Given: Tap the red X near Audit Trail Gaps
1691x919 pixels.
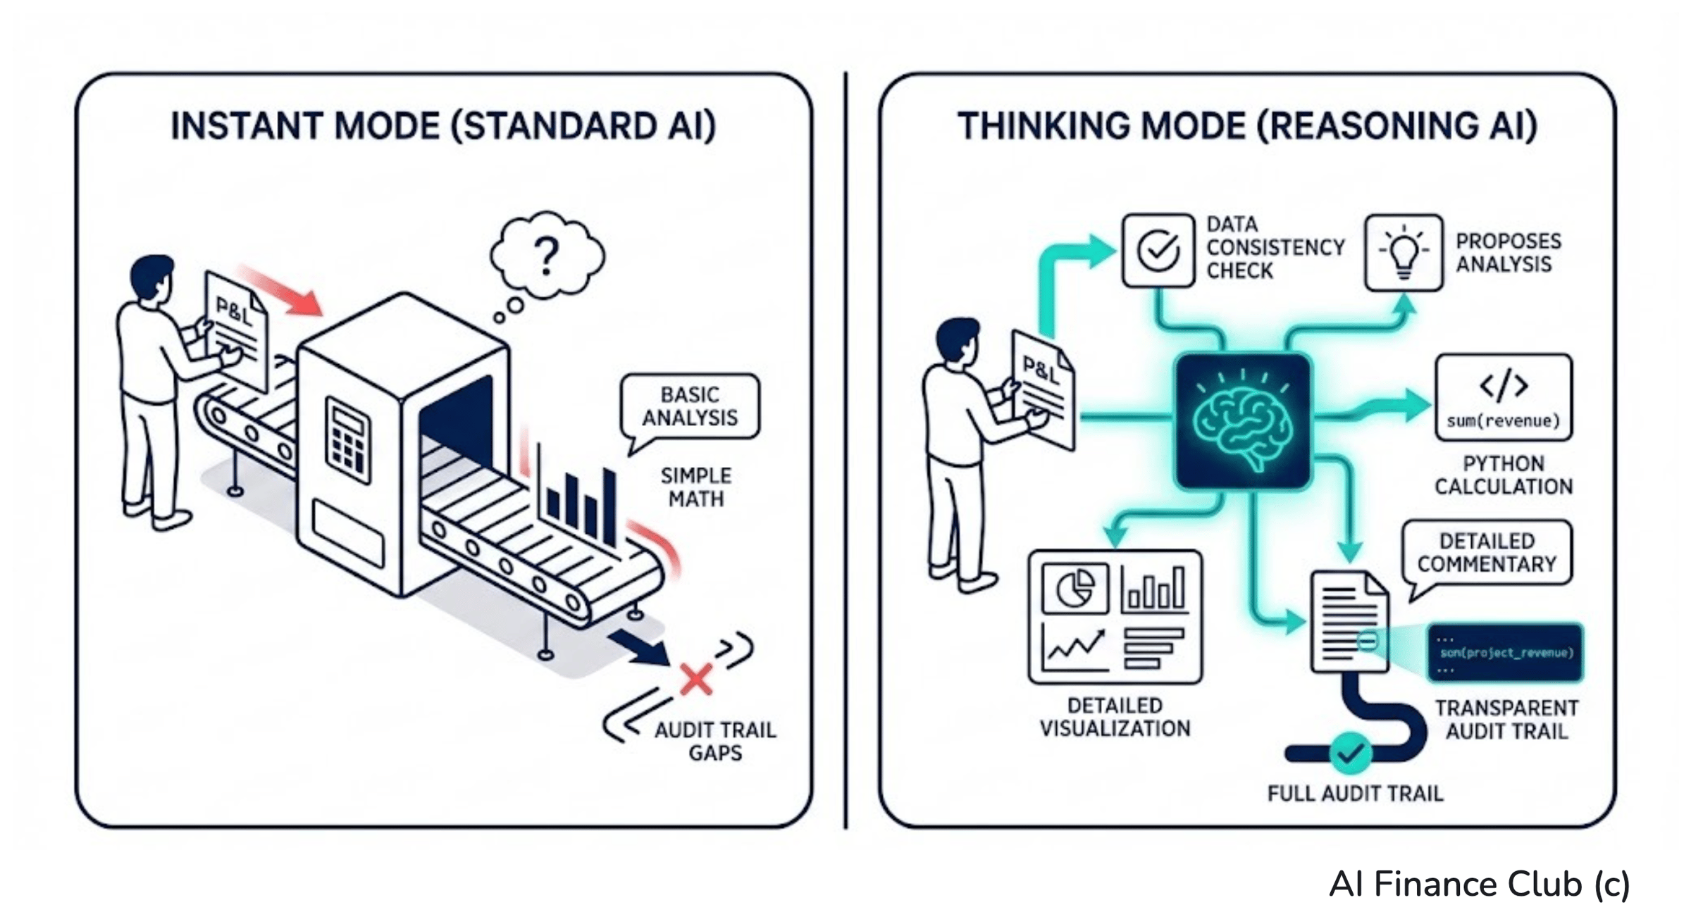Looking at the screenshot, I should coord(695,680).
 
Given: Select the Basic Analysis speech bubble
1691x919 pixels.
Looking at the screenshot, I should coord(690,406).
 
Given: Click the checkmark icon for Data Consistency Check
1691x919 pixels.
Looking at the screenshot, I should coord(1158,251).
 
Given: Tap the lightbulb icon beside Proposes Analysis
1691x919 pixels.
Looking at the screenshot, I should coord(1403,253).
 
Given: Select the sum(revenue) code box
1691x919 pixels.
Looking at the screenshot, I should coord(1504,398).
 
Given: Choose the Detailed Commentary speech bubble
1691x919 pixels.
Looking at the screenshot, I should coord(1487,553).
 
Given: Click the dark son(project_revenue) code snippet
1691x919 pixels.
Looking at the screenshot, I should coord(1505,653).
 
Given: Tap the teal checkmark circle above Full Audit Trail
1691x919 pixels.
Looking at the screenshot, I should coord(1350,753).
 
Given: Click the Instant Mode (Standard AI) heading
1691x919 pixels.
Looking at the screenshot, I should coord(443,127).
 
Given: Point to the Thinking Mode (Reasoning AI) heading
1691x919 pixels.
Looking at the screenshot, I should coord(1247,127).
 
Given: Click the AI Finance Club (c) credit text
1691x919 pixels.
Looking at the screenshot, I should coord(1479,884).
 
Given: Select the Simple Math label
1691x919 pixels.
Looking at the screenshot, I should coord(696,487).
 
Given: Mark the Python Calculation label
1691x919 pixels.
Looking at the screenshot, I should coord(1504,475).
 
